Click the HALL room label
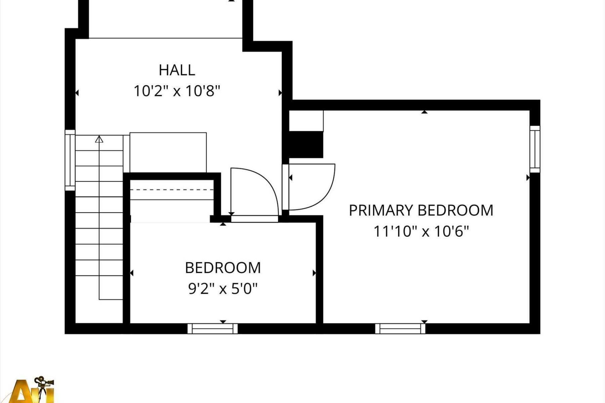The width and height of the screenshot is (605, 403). pos(177,70)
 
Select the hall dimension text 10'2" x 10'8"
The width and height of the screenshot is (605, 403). pos(177,91)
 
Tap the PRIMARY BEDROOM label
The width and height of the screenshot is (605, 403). pos(421,210)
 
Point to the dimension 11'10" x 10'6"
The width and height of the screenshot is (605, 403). pos(421,231)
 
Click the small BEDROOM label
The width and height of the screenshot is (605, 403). pos(223,268)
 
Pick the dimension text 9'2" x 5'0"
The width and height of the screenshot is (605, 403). pos(223,288)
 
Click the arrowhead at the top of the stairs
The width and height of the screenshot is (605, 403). pos(99,139)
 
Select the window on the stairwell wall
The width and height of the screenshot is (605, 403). pos(70,160)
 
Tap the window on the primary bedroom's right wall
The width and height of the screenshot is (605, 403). pos(535,149)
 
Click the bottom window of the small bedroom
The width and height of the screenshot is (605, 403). pos(213,328)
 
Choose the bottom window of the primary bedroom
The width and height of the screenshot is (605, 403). pos(400,328)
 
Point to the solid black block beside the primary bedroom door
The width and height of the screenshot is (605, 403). pos(306,145)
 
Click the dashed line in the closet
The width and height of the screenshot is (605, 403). pos(172,190)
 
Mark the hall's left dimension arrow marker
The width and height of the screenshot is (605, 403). pos(77,93)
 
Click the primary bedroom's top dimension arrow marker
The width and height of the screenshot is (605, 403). pos(424,112)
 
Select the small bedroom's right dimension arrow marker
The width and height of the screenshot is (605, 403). pos(314,273)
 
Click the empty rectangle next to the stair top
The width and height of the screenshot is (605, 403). pos(168,152)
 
